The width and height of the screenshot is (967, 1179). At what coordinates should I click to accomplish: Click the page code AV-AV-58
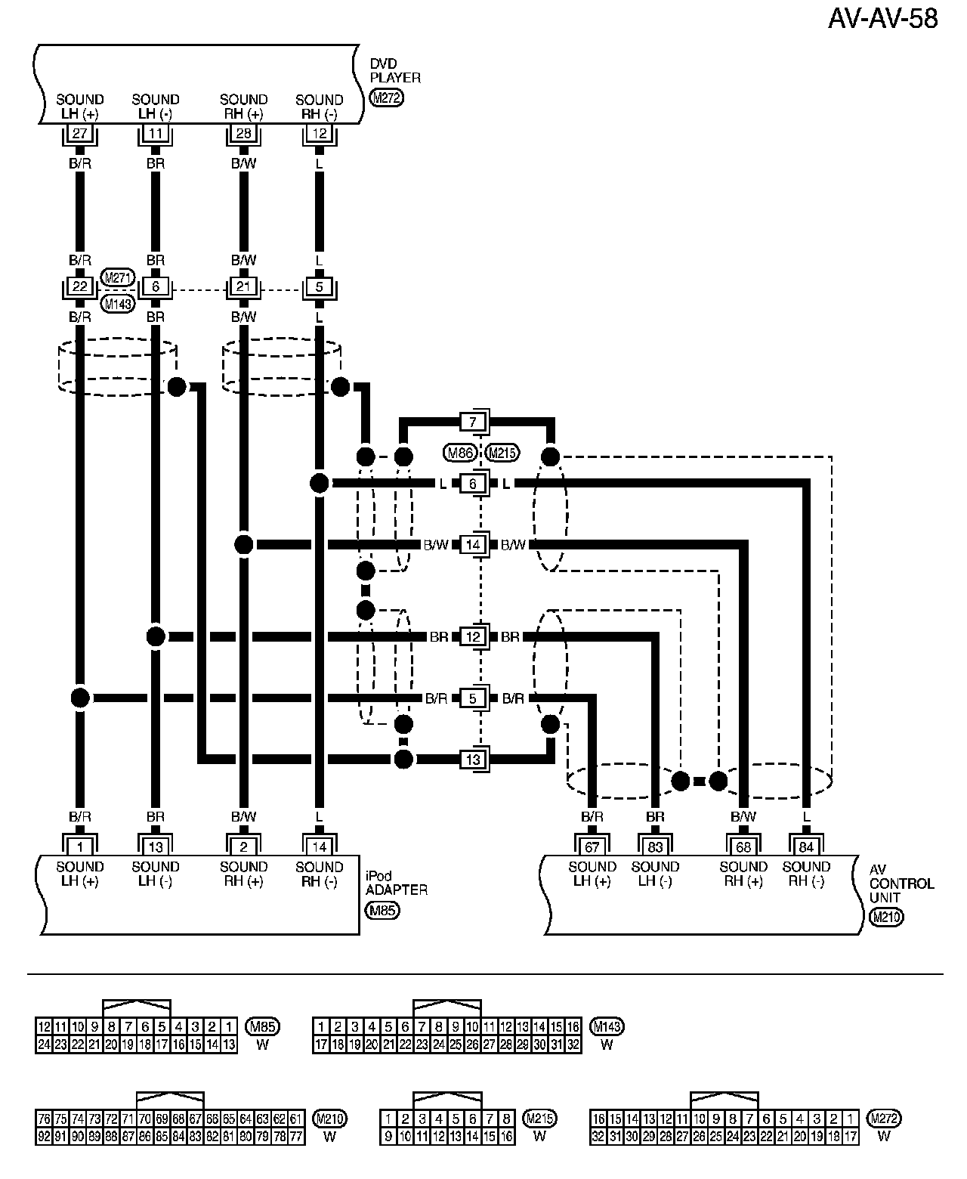(883, 18)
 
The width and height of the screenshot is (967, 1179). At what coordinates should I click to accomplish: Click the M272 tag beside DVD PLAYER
(386, 97)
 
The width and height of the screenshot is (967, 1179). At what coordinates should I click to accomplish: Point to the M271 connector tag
(117, 277)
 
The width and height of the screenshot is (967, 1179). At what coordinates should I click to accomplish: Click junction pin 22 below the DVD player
(80, 287)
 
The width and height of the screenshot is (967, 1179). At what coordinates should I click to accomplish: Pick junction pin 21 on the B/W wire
(243, 287)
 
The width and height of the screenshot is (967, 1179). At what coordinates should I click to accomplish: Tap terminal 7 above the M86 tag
(473, 421)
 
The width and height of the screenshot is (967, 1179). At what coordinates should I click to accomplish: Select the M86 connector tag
(459, 453)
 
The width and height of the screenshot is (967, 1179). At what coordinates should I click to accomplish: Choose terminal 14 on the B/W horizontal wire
(473, 544)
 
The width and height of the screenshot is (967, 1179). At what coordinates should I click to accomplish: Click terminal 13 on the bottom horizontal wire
(473, 760)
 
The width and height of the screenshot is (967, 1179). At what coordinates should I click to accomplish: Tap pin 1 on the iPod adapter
(80, 847)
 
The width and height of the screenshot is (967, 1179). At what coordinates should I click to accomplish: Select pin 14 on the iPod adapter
(319, 847)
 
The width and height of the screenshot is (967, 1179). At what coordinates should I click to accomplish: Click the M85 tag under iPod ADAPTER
(382, 910)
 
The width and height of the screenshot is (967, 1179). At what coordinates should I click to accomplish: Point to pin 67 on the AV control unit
(592, 847)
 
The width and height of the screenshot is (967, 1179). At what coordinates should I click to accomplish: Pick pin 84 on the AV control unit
(806, 847)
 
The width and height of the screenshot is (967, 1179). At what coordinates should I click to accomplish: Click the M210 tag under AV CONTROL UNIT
(886, 918)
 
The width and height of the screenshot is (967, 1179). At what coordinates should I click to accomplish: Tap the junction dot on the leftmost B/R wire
(80, 698)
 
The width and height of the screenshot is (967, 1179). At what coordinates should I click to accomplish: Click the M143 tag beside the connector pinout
(607, 1026)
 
